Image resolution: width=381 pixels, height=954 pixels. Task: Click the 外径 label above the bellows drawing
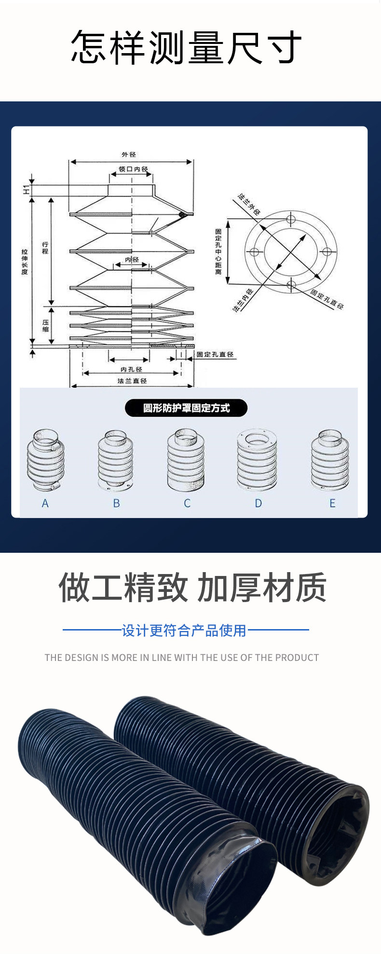click(129, 154)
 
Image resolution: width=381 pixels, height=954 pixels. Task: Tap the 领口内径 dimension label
click(133, 169)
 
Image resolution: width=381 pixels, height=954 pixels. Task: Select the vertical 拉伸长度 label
click(25, 262)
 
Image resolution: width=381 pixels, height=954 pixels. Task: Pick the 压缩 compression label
click(45, 326)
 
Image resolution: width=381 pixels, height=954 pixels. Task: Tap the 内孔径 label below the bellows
click(131, 369)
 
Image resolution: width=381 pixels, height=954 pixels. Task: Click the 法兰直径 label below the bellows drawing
click(132, 381)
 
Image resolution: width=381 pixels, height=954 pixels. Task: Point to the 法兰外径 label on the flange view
click(249, 204)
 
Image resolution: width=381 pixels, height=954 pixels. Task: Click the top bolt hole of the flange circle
click(291, 220)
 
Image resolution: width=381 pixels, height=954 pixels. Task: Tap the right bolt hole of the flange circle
click(327, 252)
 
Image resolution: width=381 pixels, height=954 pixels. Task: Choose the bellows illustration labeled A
click(45, 460)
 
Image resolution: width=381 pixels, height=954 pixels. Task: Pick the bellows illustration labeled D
click(257, 460)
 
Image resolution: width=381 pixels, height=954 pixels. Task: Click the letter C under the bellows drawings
click(187, 504)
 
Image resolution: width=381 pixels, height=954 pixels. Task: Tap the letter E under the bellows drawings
click(332, 504)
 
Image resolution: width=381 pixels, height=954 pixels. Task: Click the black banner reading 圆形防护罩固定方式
click(186, 408)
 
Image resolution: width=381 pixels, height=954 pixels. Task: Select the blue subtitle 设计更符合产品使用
click(184, 631)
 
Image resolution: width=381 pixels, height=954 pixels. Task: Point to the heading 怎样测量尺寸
click(186, 47)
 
